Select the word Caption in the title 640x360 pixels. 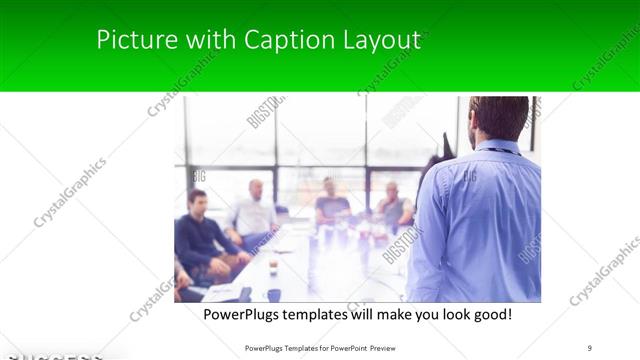tap(286, 40)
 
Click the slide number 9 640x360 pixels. tap(590, 347)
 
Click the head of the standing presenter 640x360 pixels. tap(497, 118)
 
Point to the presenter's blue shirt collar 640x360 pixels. tap(497, 147)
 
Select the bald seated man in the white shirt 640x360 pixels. tap(254, 213)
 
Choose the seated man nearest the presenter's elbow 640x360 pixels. tap(393, 207)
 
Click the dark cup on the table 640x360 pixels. tap(273, 294)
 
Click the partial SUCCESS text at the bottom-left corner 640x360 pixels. tap(50, 355)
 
